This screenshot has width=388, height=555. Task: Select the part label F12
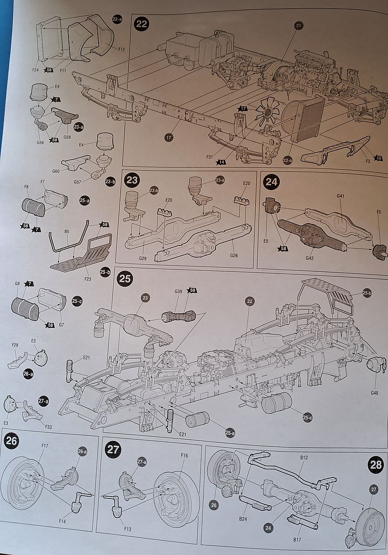point(121,49)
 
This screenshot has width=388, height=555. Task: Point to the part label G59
point(67,136)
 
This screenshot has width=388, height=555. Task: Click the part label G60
point(56,171)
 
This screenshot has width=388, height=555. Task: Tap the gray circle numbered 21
point(299,26)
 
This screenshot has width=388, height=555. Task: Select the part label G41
point(341,197)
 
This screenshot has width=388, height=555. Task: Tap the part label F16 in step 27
point(184,456)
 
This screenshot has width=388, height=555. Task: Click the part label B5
point(67,232)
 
